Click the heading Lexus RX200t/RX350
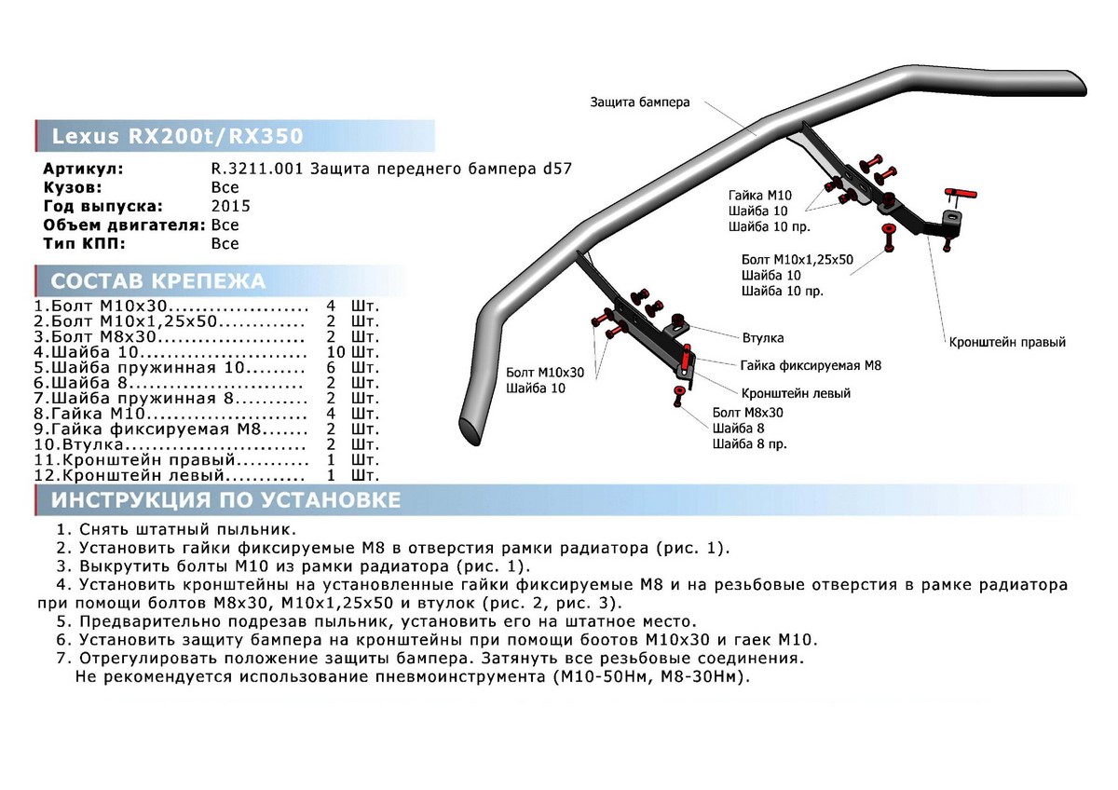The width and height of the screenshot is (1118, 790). [177, 136]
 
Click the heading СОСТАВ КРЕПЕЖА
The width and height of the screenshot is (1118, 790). [157, 281]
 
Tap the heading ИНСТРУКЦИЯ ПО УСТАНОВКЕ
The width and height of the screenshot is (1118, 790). [225, 500]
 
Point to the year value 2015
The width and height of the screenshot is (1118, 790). [231, 206]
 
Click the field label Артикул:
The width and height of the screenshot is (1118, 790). [83, 169]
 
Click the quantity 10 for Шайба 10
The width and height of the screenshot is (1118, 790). [336, 353]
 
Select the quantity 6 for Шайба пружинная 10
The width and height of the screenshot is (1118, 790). [331, 368]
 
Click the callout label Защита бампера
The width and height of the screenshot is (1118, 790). [639, 102]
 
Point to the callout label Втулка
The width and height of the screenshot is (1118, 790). [762, 337]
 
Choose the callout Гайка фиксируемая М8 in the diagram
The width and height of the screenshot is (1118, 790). [811, 365]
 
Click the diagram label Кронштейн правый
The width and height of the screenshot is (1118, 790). [1006, 342]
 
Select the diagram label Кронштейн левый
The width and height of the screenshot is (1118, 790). [796, 393]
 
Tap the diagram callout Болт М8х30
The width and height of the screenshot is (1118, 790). [747, 411]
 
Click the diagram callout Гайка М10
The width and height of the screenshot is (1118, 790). [759, 196]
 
